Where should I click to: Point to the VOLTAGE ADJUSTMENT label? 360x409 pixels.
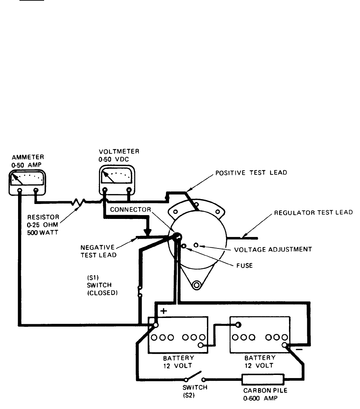pos(273,250)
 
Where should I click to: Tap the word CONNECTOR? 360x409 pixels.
pos(131,210)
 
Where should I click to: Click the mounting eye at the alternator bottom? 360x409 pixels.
pos(196,285)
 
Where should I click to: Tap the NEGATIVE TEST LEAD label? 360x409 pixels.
pos(98,251)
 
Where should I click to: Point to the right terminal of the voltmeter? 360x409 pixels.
pos(129,189)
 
